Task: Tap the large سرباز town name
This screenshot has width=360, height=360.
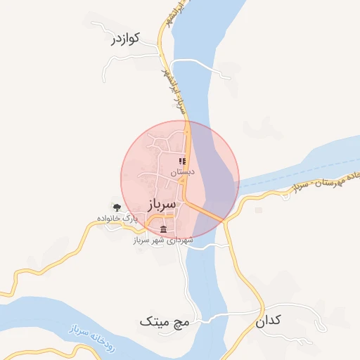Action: pyautogui.click(x=162, y=205)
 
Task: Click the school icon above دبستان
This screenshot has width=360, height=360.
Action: pyautogui.click(x=182, y=161)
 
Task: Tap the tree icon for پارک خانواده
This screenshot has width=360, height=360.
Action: pyautogui.click(x=117, y=207)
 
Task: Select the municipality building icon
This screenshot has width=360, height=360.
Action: pyautogui.click(x=164, y=230)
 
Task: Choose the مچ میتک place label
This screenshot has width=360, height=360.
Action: pyautogui.click(x=165, y=322)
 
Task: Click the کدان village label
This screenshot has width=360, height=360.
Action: pyautogui.click(x=268, y=320)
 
